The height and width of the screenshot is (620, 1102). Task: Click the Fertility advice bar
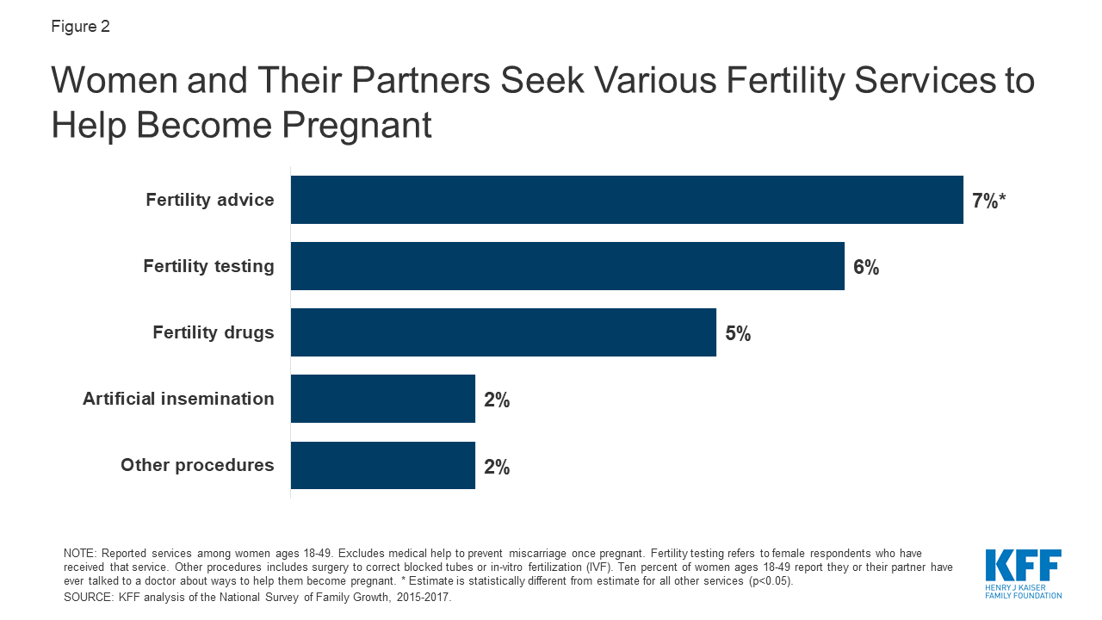coord(627,200)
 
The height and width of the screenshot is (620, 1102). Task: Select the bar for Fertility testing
coord(567,266)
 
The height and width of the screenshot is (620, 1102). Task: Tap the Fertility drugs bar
coord(504,332)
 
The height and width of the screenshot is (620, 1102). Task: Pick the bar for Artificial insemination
coord(383,399)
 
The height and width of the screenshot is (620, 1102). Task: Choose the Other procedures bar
coord(383,466)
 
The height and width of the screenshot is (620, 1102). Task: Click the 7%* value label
coord(988,201)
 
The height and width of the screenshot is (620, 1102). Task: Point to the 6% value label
coord(866,267)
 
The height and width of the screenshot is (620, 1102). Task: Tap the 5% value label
coord(738,333)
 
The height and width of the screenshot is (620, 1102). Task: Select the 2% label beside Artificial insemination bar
coord(497,400)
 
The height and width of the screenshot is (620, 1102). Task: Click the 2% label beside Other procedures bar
coord(497,467)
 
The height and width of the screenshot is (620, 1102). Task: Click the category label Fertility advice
coord(210,200)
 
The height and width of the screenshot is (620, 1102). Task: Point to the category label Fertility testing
coord(208,266)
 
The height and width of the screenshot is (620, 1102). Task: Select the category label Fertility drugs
coord(214,332)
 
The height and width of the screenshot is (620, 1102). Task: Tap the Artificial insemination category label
coord(178,399)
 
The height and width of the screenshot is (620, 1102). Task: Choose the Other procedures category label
coord(197,465)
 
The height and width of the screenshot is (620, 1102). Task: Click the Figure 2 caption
coord(80,27)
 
